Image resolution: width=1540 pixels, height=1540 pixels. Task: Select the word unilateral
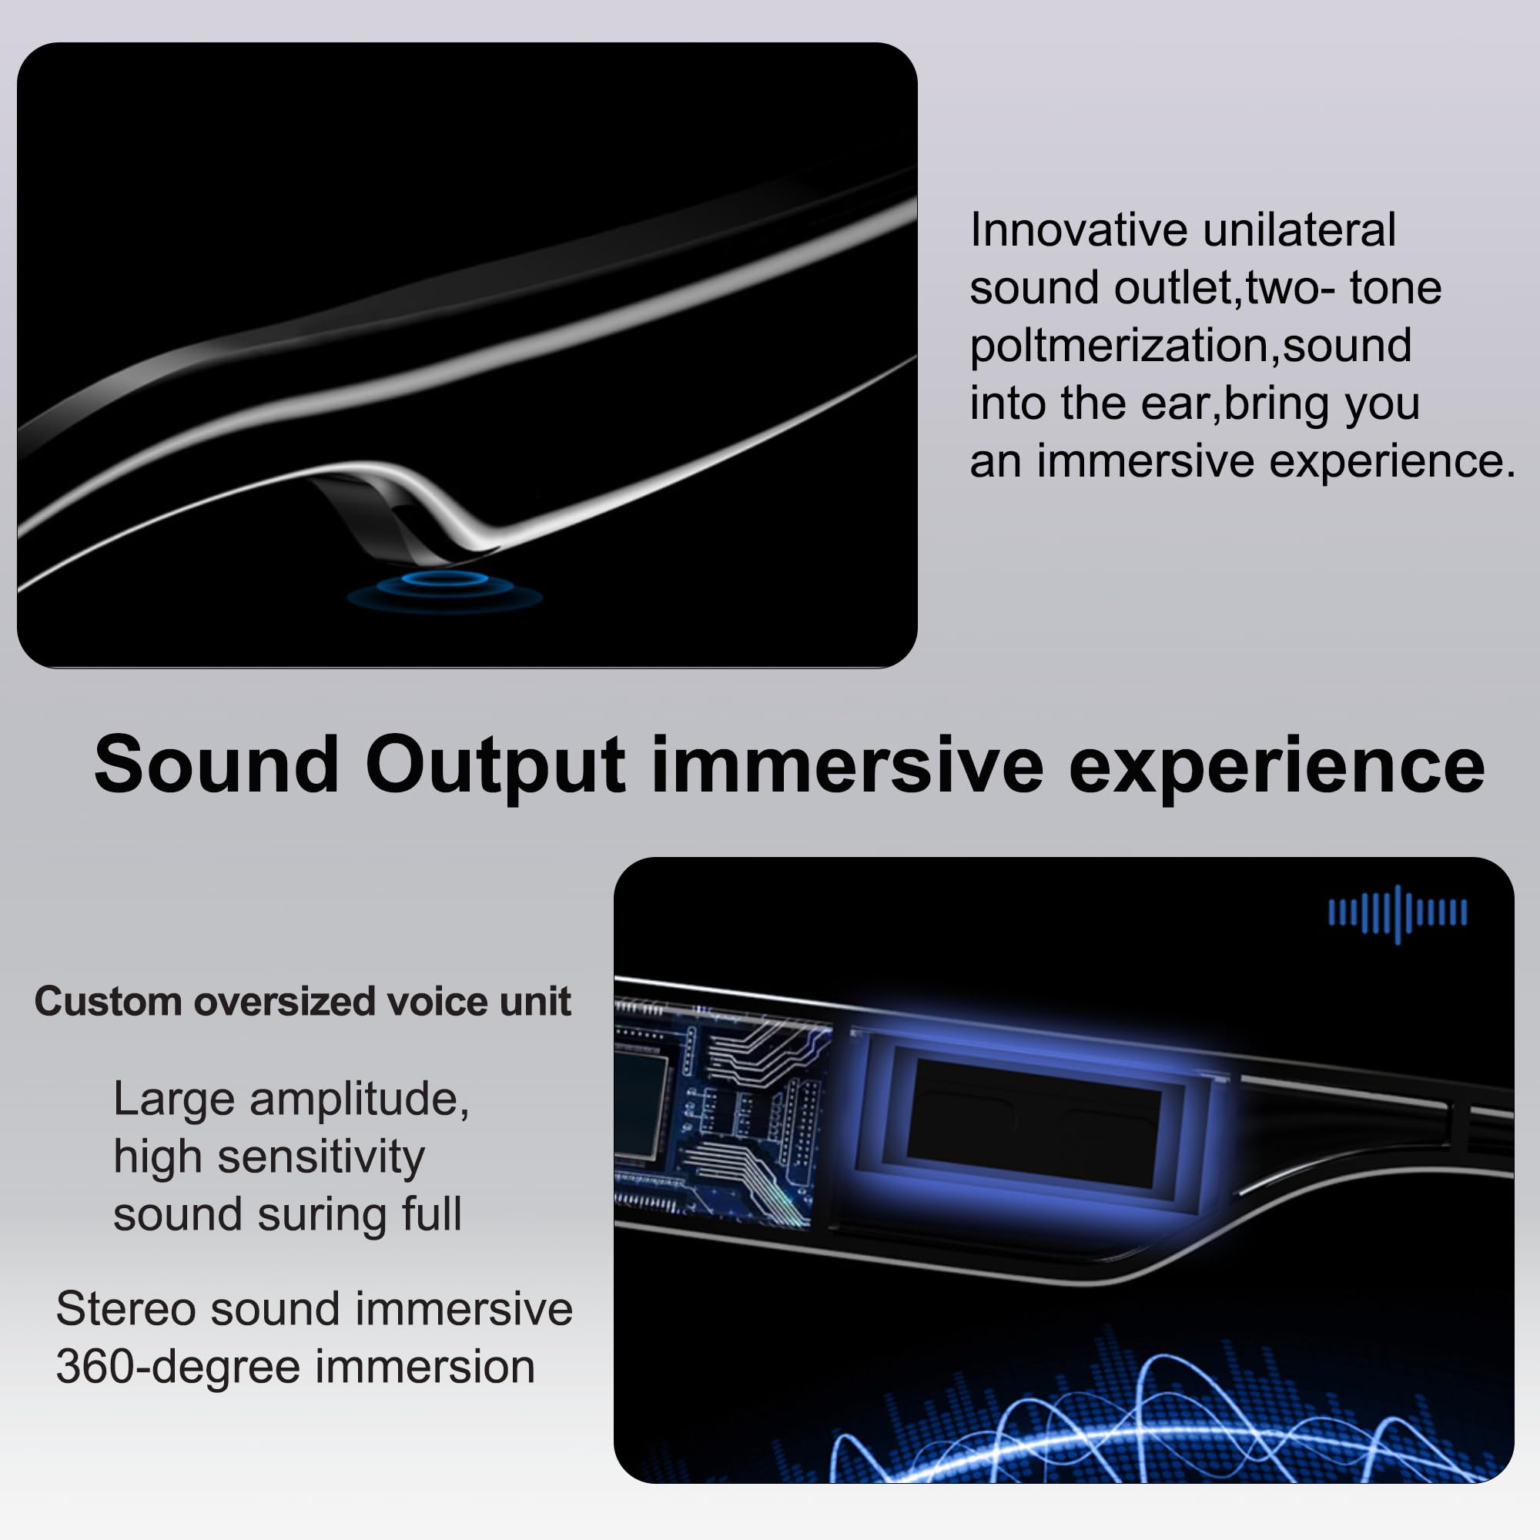pyautogui.click(x=1299, y=230)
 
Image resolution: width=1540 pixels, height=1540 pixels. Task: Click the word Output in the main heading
pyautogui.click(x=496, y=766)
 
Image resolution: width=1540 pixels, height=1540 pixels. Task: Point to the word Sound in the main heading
pyautogui.click(x=217, y=765)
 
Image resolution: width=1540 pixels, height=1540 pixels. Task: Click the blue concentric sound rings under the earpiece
pyautogui.click(x=445, y=591)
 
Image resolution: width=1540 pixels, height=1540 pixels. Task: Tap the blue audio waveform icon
pyautogui.click(x=1398, y=913)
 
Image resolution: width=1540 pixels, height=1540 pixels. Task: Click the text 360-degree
pyautogui.click(x=178, y=1368)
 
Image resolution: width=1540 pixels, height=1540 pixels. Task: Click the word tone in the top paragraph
pyautogui.click(x=1395, y=289)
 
